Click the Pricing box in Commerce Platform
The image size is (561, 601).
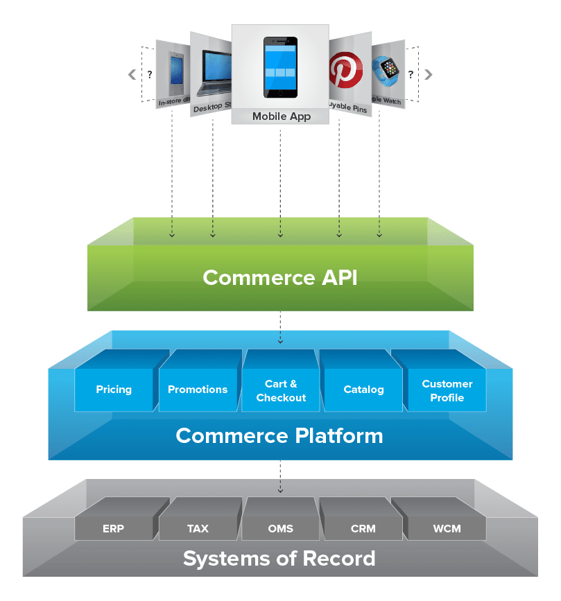click(114, 390)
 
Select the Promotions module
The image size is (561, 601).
click(198, 390)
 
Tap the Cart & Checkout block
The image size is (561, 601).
click(281, 391)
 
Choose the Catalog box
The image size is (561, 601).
click(363, 390)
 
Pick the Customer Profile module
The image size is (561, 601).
click(447, 391)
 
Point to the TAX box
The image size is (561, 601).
click(198, 528)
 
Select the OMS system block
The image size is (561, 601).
click(280, 528)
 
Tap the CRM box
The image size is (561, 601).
click(363, 528)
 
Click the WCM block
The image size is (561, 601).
click(447, 528)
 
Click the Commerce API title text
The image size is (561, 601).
click(280, 277)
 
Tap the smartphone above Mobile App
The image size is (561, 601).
click(280, 67)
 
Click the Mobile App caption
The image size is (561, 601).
click(280, 116)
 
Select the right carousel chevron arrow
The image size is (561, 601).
click(429, 74)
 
